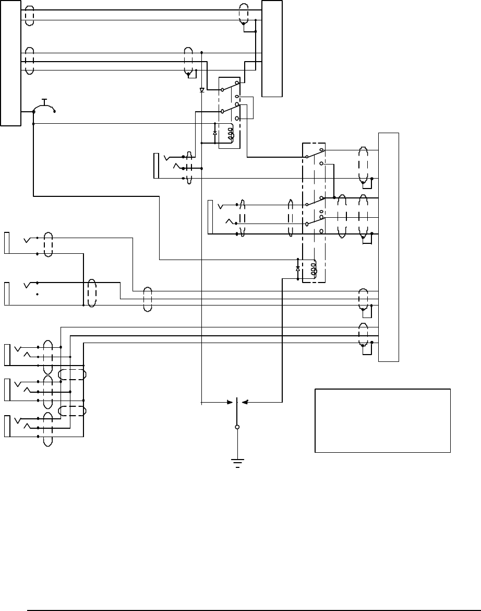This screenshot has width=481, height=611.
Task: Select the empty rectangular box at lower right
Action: tap(382, 420)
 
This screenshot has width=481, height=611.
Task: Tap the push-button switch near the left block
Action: tap(44, 107)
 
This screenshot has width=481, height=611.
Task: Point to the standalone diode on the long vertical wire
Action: tap(202, 90)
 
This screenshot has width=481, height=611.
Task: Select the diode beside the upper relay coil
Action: tap(215, 133)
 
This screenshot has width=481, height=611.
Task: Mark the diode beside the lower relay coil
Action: tap(298, 268)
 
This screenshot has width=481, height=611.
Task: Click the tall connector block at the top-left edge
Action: tap(10, 63)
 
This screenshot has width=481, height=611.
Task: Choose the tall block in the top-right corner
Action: tap(272, 49)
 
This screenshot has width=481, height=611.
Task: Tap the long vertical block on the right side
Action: tap(388, 246)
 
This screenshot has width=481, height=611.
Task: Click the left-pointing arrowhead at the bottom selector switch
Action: tap(244, 402)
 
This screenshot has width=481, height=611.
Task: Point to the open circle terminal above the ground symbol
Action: tap(237, 427)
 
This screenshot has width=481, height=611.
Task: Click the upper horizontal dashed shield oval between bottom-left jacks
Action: tap(73, 374)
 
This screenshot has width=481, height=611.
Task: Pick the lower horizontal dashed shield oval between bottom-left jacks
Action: tap(73, 411)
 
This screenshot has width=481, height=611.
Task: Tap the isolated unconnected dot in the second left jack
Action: tap(38, 295)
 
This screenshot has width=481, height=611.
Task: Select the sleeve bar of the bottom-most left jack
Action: tap(7, 426)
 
